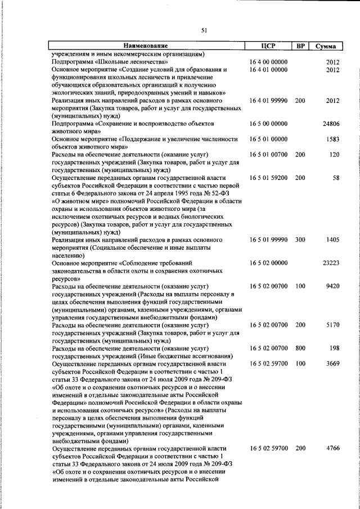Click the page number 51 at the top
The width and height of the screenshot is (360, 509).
204,31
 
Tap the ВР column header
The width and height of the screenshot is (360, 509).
300,46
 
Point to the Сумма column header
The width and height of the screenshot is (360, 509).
326,46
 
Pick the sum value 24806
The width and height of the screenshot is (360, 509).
331,123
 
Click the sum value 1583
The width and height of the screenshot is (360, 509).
333,138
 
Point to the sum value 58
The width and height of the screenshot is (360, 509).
336,178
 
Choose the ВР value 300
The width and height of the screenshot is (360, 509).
300,240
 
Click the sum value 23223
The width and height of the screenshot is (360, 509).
331,263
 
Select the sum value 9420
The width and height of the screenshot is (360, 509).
333,286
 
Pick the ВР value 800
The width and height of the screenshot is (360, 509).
300,348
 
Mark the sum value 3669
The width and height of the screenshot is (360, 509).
333,364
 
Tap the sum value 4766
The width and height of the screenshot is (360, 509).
333,449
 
